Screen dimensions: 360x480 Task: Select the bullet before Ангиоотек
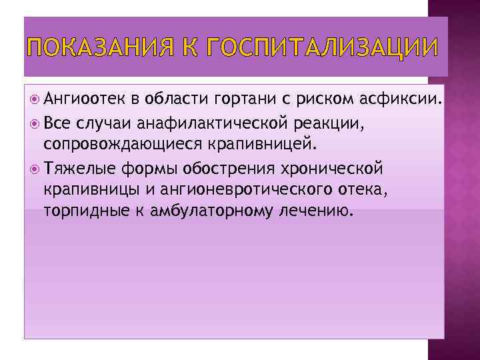(35, 100)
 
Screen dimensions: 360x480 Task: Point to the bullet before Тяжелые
(35, 168)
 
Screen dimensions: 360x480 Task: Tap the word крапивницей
(269, 145)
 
